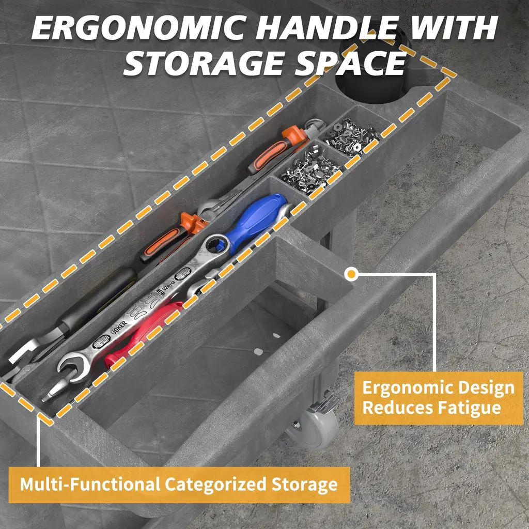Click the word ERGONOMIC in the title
point(139,28)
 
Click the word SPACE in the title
point(351,63)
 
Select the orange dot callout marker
point(351,274)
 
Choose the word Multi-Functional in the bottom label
point(90,485)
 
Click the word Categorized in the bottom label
point(216,485)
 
